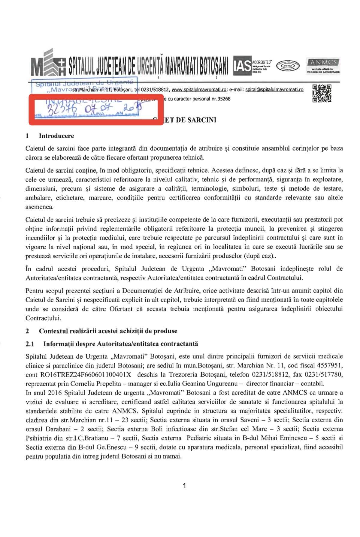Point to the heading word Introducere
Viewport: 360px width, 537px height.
[x=56, y=136]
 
